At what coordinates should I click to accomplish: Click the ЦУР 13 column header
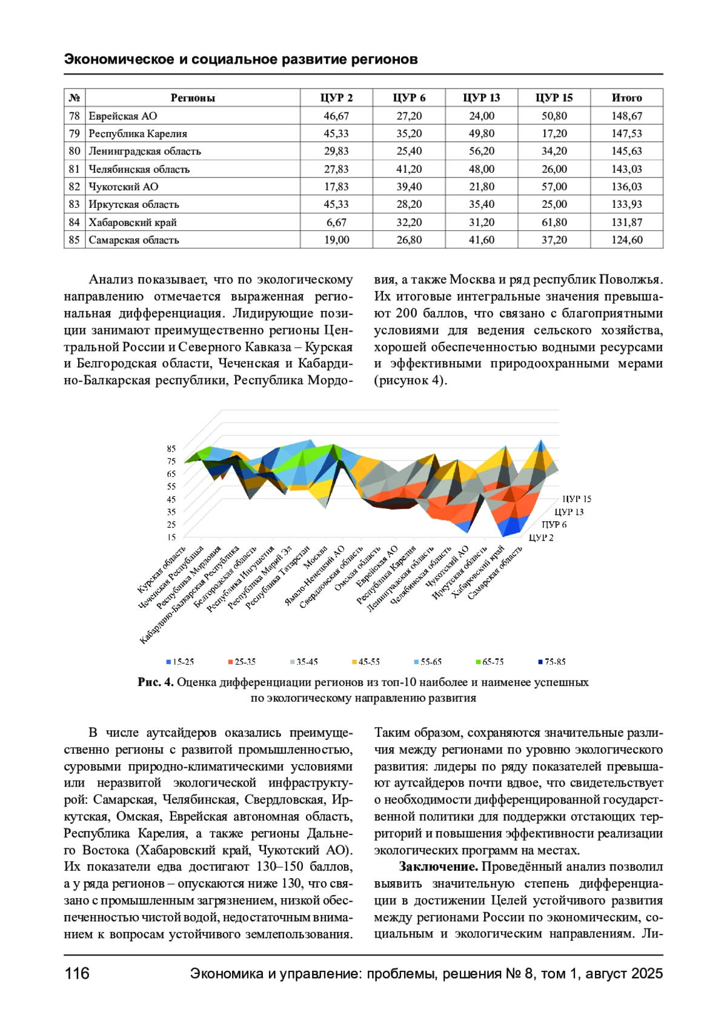[x=481, y=98]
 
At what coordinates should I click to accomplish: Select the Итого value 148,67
[x=626, y=116]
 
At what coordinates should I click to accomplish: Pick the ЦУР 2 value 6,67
[x=336, y=222]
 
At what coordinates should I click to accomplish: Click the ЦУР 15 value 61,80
[x=554, y=222]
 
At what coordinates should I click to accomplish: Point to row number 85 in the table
[x=74, y=240]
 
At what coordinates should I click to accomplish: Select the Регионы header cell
[x=193, y=98]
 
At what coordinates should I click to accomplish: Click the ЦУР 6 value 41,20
[x=409, y=169]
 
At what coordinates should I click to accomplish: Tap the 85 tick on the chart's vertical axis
[x=171, y=449]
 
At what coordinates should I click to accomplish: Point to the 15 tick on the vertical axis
[x=171, y=537]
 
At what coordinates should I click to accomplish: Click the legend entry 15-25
[x=181, y=662]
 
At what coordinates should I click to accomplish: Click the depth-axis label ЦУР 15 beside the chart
[x=576, y=499]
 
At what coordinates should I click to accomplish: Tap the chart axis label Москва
[x=316, y=558]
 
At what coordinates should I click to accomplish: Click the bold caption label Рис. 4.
[x=156, y=682]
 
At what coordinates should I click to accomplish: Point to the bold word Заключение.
[x=439, y=867]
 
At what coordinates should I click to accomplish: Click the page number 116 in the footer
[x=77, y=973]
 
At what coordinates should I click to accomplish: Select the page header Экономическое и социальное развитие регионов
[x=241, y=59]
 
